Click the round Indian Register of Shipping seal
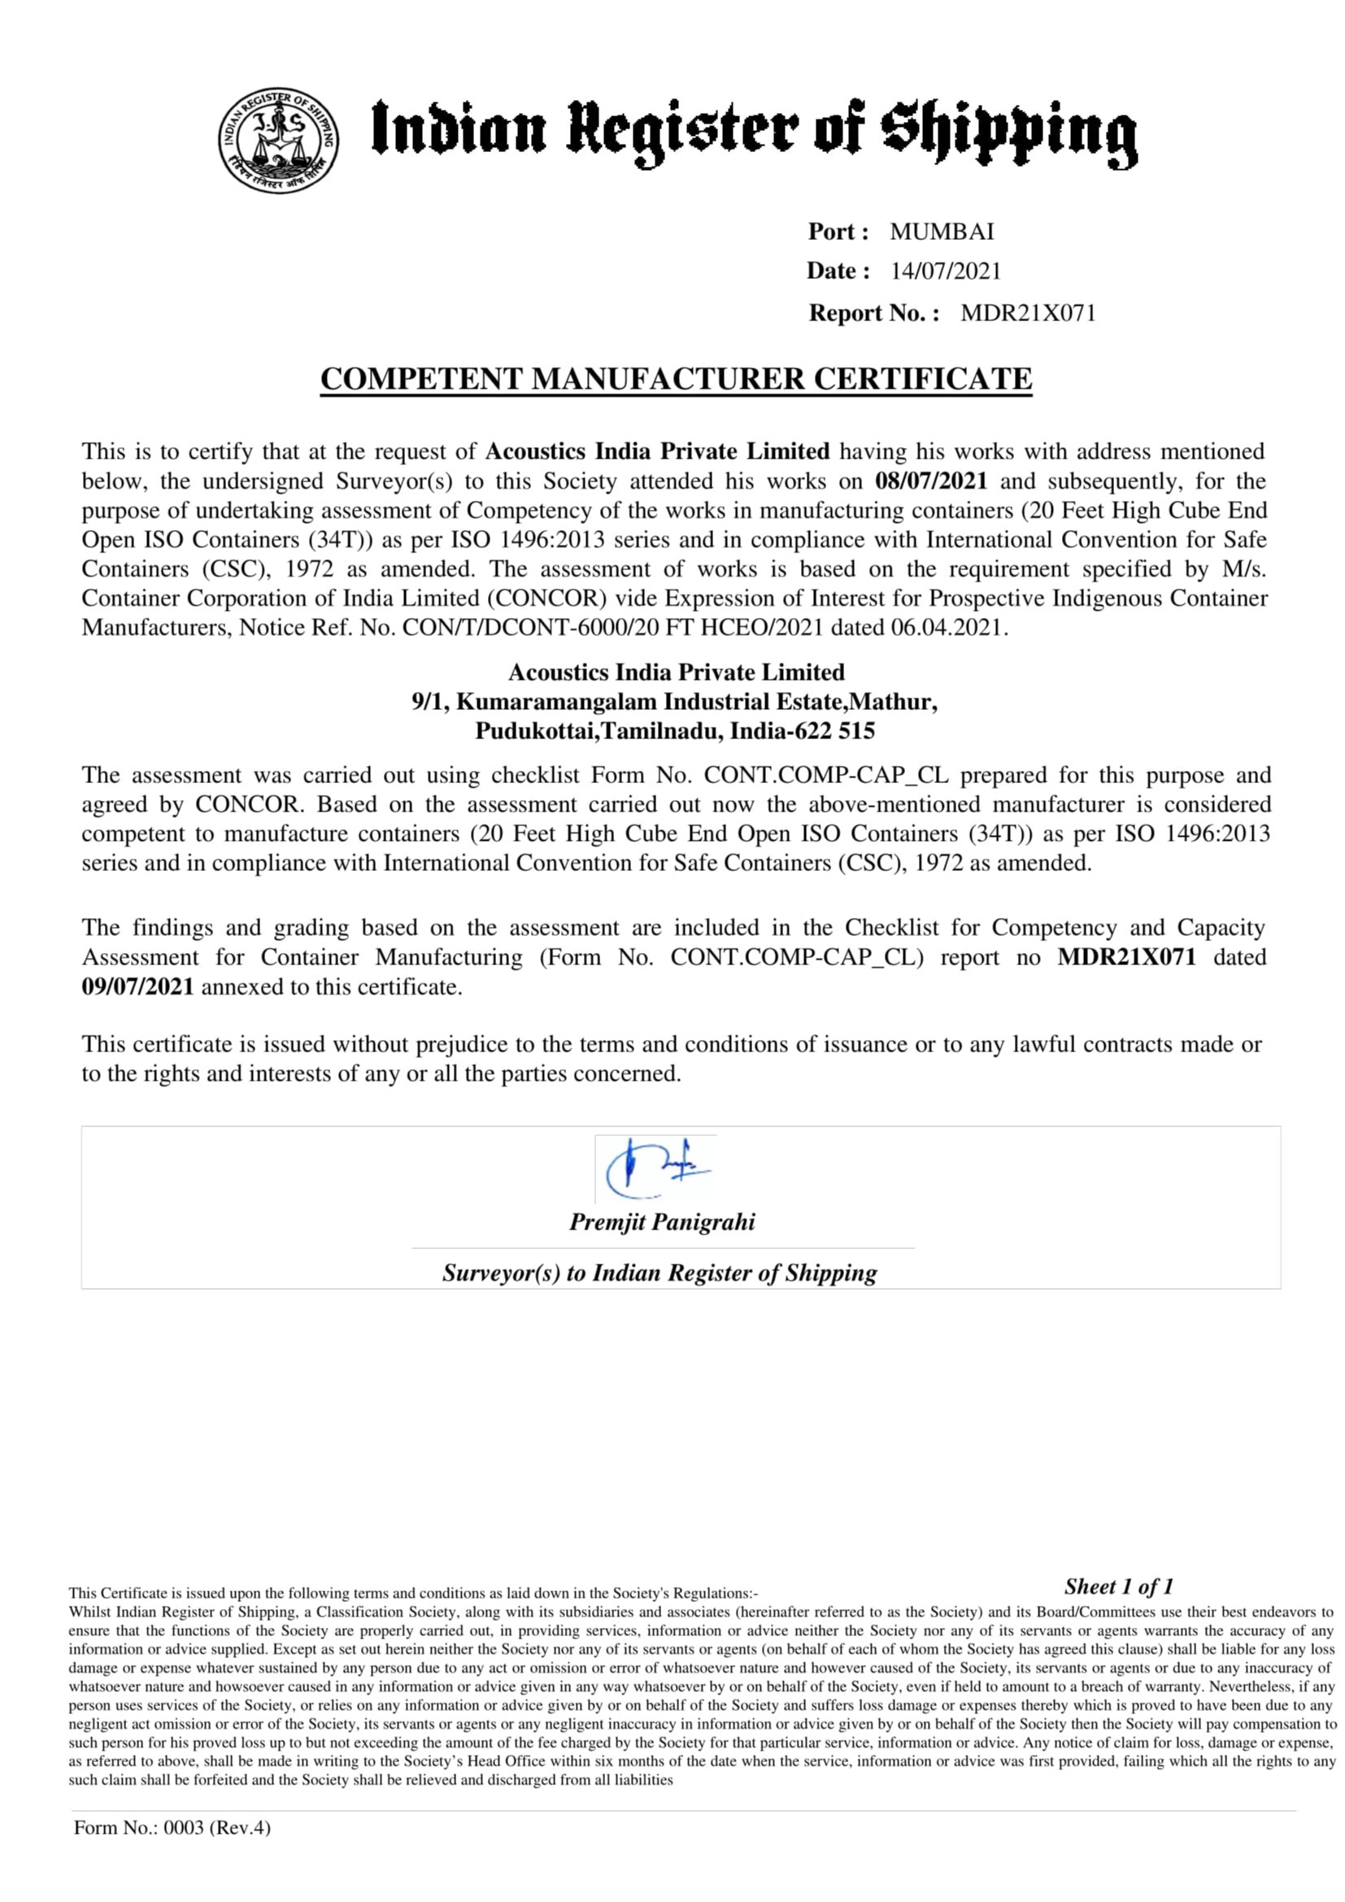point(278,140)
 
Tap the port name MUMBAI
point(942,232)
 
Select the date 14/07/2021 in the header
point(946,272)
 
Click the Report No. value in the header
point(1028,313)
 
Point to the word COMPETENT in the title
point(422,380)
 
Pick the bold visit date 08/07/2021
point(931,481)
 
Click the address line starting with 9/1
point(674,702)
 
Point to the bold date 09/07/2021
point(137,986)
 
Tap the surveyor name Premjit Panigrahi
point(662,1222)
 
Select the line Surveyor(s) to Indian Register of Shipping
point(659,1273)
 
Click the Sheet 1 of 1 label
point(1118,1586)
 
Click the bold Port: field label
point(838,232)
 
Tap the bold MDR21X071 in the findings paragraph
point(1126,957)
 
